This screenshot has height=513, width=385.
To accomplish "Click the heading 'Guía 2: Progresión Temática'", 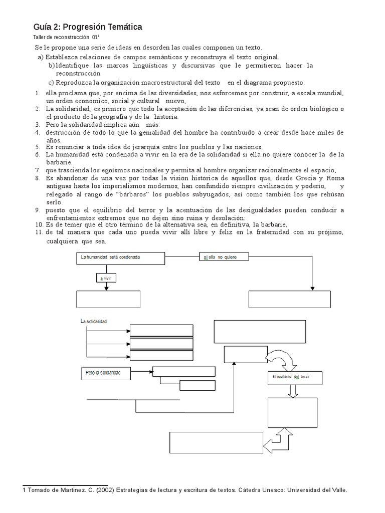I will click(x=88, y=27).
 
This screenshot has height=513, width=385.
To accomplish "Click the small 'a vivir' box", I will click(x=106, y=277).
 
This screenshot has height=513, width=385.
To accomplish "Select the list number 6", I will click(x=37, y=155).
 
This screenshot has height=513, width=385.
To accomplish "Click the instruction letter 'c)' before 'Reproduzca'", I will click(x=51, y=83).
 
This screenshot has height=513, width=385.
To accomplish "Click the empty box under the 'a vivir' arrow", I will click(x=108, y=299).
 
